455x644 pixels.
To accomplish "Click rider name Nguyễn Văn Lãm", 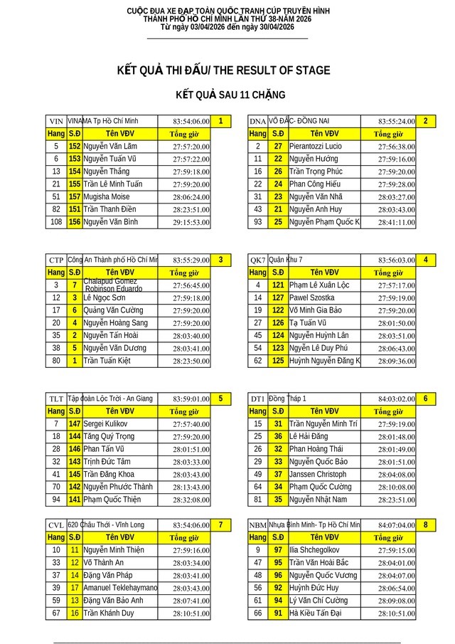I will [x=110, y=146].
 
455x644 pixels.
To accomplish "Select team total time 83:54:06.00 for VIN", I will [x=191, y=122].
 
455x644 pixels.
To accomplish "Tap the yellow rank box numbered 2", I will [x=425, y=121].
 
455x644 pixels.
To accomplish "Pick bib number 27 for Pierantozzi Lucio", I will [x=278, y=146].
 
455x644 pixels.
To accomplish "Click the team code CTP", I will [x=56, y=260].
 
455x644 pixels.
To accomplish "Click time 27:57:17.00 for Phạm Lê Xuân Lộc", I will [x=397, y=285].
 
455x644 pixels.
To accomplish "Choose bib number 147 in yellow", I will [x=75, y=424].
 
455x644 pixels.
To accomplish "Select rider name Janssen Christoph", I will [x=318, y=475].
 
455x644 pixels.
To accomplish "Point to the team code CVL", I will [x=56, y=525].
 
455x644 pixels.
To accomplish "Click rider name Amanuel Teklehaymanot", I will [x=119, y=588].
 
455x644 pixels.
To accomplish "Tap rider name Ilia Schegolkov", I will [x=314, y=550].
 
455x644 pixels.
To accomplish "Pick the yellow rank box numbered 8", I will [x=425, y=524].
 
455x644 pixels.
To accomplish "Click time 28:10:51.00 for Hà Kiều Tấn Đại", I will [x=397, y=613].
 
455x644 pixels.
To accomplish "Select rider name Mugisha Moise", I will [x=106, y=196].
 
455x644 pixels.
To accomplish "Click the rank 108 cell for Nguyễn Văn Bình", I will [x=56, y=222].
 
